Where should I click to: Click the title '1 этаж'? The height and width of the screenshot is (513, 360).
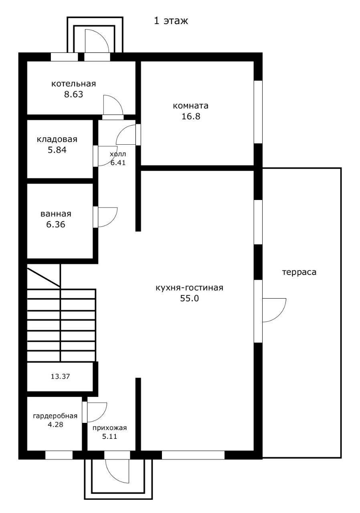[171, 21]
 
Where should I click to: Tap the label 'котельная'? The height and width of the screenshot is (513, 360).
[73, 84]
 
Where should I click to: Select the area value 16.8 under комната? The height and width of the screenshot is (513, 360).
[191, 116]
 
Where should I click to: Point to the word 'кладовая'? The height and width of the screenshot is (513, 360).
[57, 139]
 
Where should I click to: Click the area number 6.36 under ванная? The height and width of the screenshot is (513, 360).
[56, 224]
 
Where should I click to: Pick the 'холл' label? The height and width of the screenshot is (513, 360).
[118, 154]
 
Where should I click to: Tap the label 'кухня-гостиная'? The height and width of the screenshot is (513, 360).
[189, 288]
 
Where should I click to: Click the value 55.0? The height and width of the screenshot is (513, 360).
[189, 299]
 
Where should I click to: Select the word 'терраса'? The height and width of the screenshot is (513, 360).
[299, 272]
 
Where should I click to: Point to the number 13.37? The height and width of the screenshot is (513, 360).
[60, 376]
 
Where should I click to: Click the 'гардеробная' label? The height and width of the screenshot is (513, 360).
[55, 416]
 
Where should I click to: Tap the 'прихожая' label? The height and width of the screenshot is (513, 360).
[110, 428]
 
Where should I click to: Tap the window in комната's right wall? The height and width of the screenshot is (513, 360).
[258, 112]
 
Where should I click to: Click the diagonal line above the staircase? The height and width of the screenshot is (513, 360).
[44, 277]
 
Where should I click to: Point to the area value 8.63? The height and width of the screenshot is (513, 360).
[73, 94]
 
